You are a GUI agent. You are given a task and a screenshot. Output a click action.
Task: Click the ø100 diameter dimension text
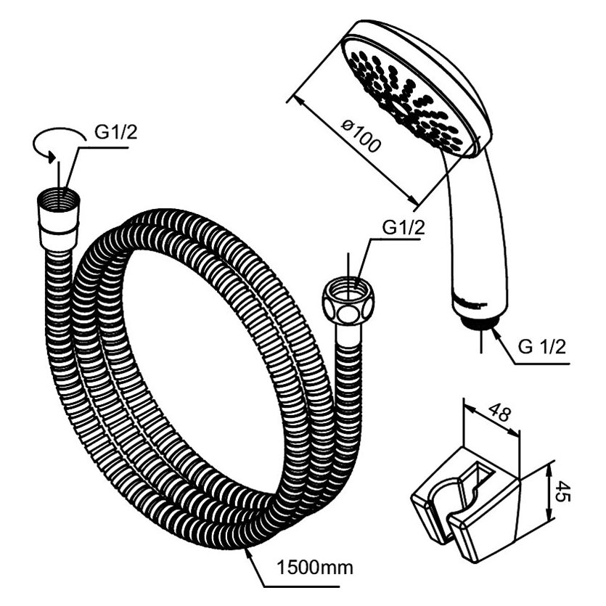tap(361, 138)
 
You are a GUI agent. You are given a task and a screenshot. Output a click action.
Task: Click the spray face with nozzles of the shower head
tap(406, 94)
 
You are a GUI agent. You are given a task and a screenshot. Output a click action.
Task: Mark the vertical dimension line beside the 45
tap(546, 494)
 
